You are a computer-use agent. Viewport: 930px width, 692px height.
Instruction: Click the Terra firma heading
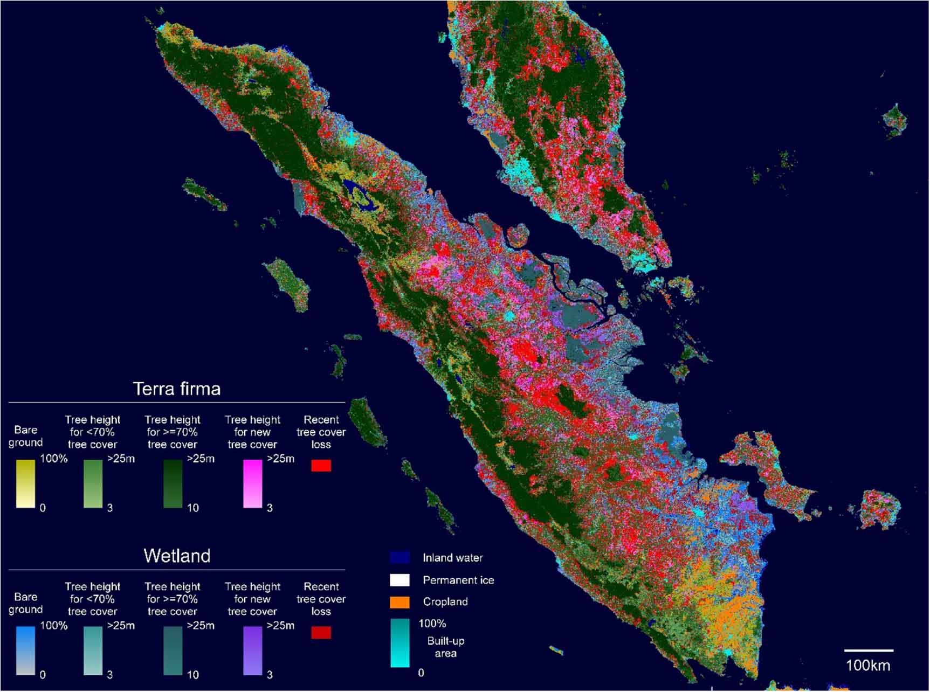(177, 389)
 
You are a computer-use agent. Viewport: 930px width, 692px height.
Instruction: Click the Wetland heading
(177, 556)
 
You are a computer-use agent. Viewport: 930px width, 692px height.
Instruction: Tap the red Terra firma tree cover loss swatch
(321, 466)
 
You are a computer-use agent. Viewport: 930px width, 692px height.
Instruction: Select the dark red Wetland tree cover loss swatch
(321, 633)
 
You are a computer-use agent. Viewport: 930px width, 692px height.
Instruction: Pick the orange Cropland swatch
(399, 602)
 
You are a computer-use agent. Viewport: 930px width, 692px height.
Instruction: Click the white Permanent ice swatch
(399, 580)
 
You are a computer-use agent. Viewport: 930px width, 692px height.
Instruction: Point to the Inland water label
(452, 558)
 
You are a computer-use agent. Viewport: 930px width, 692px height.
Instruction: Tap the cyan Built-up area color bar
(400, 643)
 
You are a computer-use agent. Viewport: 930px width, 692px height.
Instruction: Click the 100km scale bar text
(867, 665)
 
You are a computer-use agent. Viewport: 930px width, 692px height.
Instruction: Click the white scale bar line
(868, 651)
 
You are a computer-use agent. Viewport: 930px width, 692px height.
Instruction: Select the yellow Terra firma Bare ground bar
(25, 483)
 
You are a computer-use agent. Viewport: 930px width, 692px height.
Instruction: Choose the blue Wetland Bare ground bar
(25, 651)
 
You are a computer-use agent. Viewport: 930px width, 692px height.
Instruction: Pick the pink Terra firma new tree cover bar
(252, 483)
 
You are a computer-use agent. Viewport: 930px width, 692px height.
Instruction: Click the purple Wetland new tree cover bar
(252, 651)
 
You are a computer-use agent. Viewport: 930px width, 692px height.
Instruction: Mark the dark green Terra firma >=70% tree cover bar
(173, 483)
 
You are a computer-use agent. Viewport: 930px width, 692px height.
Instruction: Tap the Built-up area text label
(445, 647)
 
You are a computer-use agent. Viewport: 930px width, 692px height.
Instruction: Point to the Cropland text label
(445, 602)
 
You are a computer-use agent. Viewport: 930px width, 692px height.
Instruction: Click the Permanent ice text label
(458, 580)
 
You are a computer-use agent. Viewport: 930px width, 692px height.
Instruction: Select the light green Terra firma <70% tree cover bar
(93, 483)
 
